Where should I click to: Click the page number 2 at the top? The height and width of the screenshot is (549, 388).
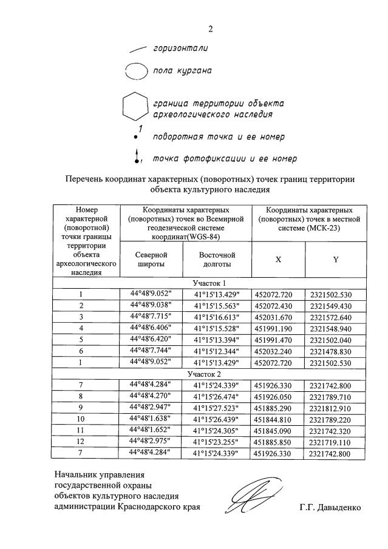point(211,29)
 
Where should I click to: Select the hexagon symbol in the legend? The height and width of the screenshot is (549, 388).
point(134,107)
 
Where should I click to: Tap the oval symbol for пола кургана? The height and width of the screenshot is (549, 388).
point(136,72)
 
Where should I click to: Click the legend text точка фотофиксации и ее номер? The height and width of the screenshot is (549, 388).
point(224,159)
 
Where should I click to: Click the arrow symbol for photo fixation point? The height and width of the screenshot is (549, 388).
point(137,156)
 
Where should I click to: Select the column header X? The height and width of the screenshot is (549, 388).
point(278,259)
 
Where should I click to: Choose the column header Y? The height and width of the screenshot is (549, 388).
point(335,259)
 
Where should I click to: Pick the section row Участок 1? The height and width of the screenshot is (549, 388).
point(209,283)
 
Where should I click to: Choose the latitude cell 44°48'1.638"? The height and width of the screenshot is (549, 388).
point(147,419)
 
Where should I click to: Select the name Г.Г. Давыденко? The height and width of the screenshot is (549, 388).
point(330,508)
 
